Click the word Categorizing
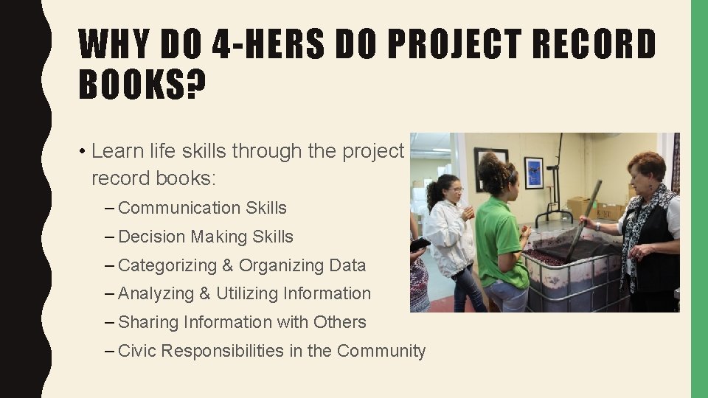click(x=167, y=265)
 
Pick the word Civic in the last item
click(x=137, y=351)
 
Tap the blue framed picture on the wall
click(x=533, y=172)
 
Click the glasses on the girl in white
click(x=455, y=190)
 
